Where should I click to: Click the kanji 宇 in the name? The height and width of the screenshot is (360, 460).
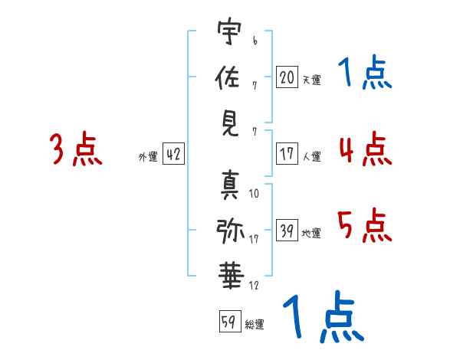[230, 31]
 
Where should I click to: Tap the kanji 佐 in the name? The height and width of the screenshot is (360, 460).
[228, 77]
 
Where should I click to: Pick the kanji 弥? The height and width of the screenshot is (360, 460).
[230, 231]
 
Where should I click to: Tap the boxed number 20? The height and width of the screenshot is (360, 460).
[287, 77]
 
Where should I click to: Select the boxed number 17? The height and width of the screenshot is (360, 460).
[287, 153]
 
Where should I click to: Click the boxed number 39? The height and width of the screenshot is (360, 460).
[287, 230]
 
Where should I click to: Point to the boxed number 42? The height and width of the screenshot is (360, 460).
[173, 153]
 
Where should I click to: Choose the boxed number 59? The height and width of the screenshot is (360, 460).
[230, 321]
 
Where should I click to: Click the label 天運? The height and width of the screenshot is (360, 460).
[311, 80]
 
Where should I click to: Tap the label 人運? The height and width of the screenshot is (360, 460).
[311, 156]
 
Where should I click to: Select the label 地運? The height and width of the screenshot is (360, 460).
[311, 233]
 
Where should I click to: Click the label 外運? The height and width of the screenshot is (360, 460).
[148, 156]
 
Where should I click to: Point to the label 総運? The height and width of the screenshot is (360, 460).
[255, 324]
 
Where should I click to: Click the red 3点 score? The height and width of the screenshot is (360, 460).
[76, 149]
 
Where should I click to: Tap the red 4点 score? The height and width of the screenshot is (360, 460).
[366, 149]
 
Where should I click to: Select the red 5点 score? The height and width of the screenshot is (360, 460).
[365, 225]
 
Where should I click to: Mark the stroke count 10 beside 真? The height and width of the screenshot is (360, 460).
[254, 194]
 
